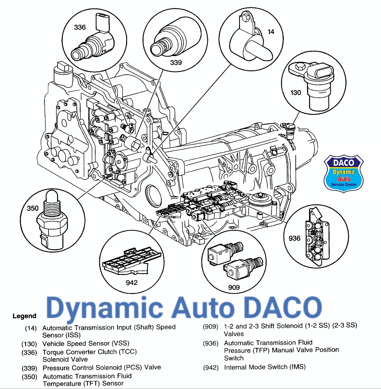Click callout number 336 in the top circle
(x=80, y=27)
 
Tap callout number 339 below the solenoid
(x=176, y=63)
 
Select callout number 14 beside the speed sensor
(x=271, y=31)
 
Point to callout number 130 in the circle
(x=295, y=93)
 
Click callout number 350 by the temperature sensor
(x=33, y=208)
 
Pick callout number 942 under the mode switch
(x=132, y=282)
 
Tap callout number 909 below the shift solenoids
(x=234, y=287)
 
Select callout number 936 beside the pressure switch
(x=294, y=238)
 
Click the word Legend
(x=24, y=316)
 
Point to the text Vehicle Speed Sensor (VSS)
(x=86, y=343)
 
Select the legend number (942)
(x=211, y=367)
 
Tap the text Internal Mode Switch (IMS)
(x=265, y=367)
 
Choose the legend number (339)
(x=29, y=368)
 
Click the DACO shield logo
(x=344, y=174)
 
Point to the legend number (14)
(x=31, y=328)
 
